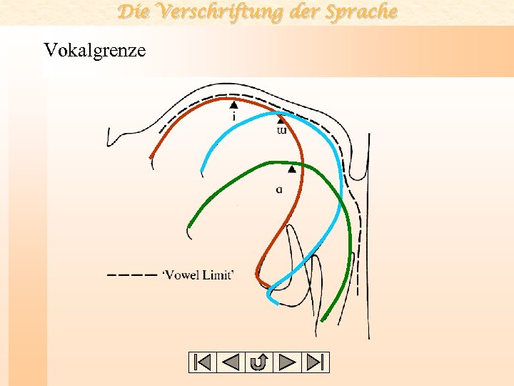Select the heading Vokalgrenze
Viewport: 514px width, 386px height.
tap(95, 50)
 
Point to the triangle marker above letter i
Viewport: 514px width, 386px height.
tap(233, 104)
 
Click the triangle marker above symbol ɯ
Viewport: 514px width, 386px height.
tap(280, 120)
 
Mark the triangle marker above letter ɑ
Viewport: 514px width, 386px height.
tap(291, 169)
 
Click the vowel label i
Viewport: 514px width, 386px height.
tap(234, 116)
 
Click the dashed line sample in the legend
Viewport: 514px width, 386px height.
tap(131, 274)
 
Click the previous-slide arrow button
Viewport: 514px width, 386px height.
tap(231, 362)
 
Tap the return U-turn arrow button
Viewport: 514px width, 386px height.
tap(258, 362)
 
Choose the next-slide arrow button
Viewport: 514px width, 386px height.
tap(286, 362)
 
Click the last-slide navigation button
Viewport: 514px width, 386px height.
tap(314, 362)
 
